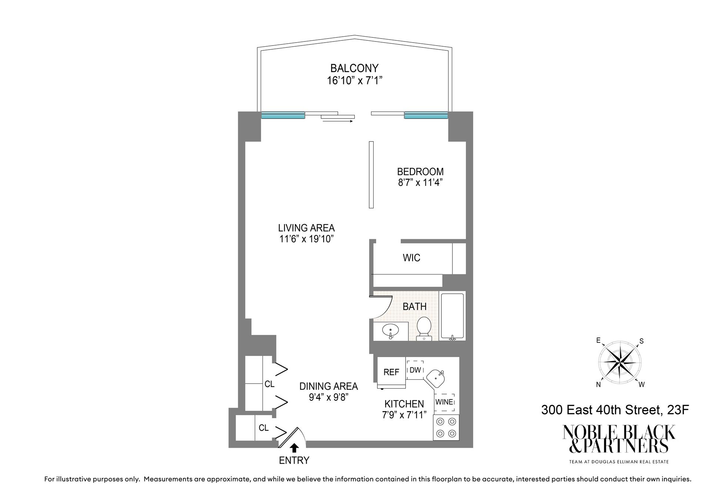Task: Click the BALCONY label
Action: (x=354, y=68)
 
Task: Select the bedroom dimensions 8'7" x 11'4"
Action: (x=420, y=183)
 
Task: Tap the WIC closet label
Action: (x=411, y=258)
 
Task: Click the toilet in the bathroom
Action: (x=424, y=328)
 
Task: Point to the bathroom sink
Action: (x=390, y=330)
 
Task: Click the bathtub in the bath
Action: (x=452, y=316)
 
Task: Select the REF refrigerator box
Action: (x=391, y=372)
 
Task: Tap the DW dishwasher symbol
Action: (x=415, y=370)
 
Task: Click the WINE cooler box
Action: (x=444, y=402)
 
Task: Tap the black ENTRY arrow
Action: (x=294, y=448)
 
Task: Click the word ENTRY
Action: (x=294, y=460)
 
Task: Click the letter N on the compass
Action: (x=598, y=385)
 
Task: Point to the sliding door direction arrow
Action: (x=338, y=121)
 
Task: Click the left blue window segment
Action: (x=283, y=115)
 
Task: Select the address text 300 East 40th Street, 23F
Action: (x=615, y=410)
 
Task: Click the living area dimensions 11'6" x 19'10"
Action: (x=307, y=239)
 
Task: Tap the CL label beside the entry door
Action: (x=264, y=428)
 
